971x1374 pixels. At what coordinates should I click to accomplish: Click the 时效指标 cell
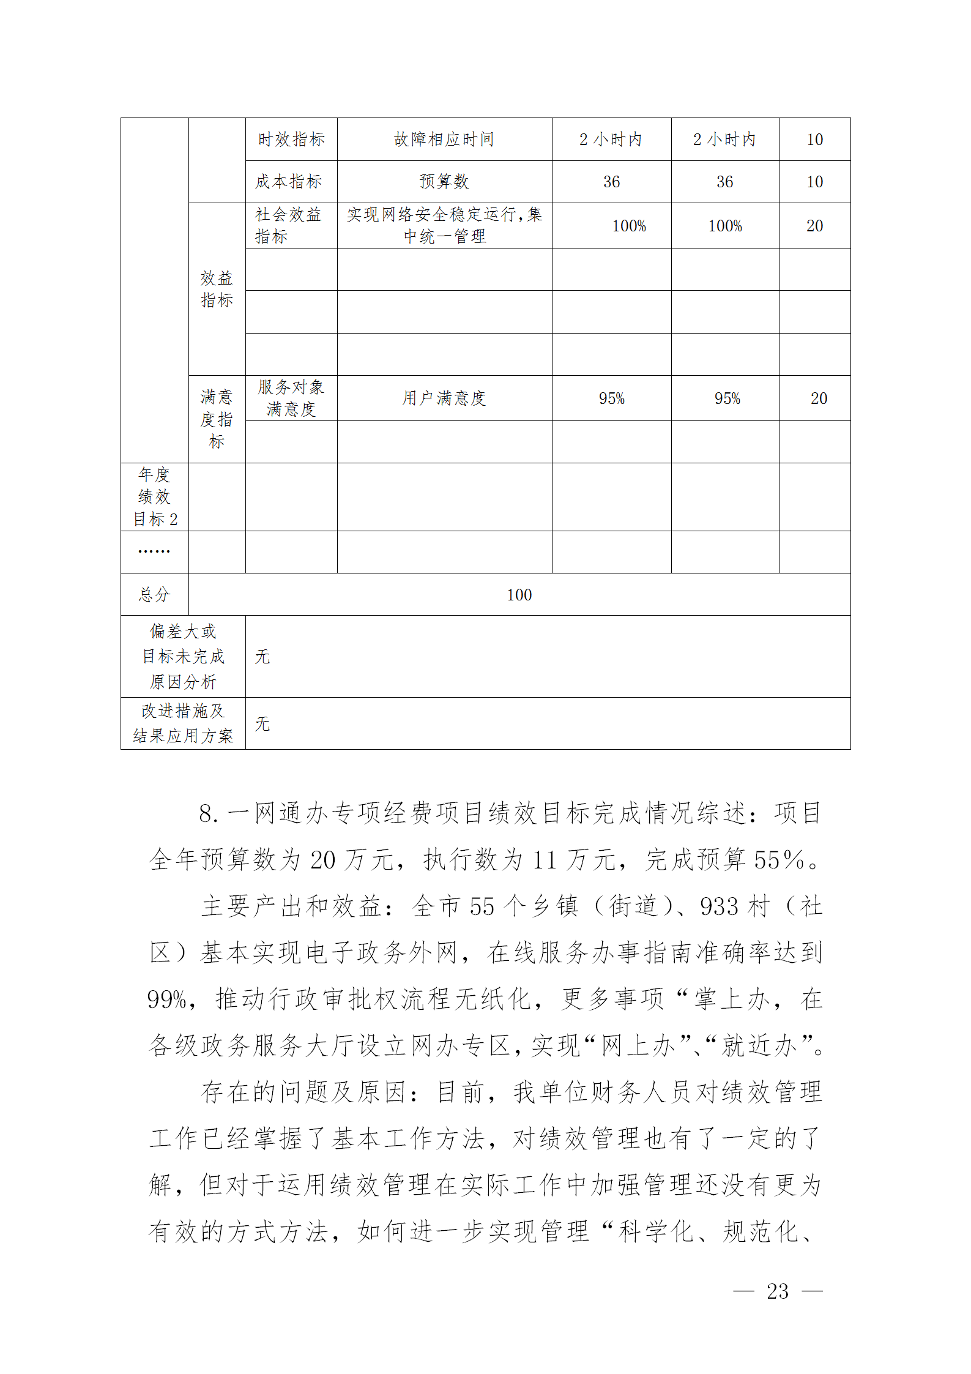pyautogui.click(x=291, y=140)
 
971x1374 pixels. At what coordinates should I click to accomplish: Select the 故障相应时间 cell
pyautogui.click(x=444, y=140)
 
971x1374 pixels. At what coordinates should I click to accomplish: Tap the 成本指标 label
pyautogui.click(x=289, y=182)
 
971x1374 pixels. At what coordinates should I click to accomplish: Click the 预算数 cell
pyautogui.click(x=444, y=182)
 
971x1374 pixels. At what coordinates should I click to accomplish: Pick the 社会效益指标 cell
pyautogui.click(x=289, y=225)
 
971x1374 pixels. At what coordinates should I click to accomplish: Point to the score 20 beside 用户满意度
pyautogui.click(x=818, y=398)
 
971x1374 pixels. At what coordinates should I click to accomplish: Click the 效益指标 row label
pyautogui.click(x=217, y=289)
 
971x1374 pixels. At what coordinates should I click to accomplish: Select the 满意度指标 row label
pyautogui.click(x=217, y=419)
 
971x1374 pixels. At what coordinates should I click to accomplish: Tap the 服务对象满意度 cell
pyautogui.click(x=291, y=398)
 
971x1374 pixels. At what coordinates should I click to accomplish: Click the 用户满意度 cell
pyautogui.click(x=444, y=398)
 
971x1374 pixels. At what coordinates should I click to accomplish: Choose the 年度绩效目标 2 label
pyautogui.click(x=154, y=497)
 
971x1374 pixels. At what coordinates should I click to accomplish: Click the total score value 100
pyautogui.click(x=519, y=595)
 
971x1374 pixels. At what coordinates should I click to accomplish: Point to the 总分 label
pyautogui.click(x=154, y=595)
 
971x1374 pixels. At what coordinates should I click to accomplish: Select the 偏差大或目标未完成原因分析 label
pyautogui.click(x=183, y=657)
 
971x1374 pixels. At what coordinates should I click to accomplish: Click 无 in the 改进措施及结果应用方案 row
pyautogui.click(x=262, y=724)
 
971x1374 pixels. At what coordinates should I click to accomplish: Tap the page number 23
pyautogui.click(x=778, y=1291)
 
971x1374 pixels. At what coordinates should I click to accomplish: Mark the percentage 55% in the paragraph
pyautogui.click(x=778, y=861)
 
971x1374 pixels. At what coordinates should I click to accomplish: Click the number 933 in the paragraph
pyautogui.click(x=719, y=907)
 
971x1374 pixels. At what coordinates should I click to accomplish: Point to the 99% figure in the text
pyautogui.click(x=166, y=1000)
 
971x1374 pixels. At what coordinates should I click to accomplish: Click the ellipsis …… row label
pyautogui.click(x=154, y=551)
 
